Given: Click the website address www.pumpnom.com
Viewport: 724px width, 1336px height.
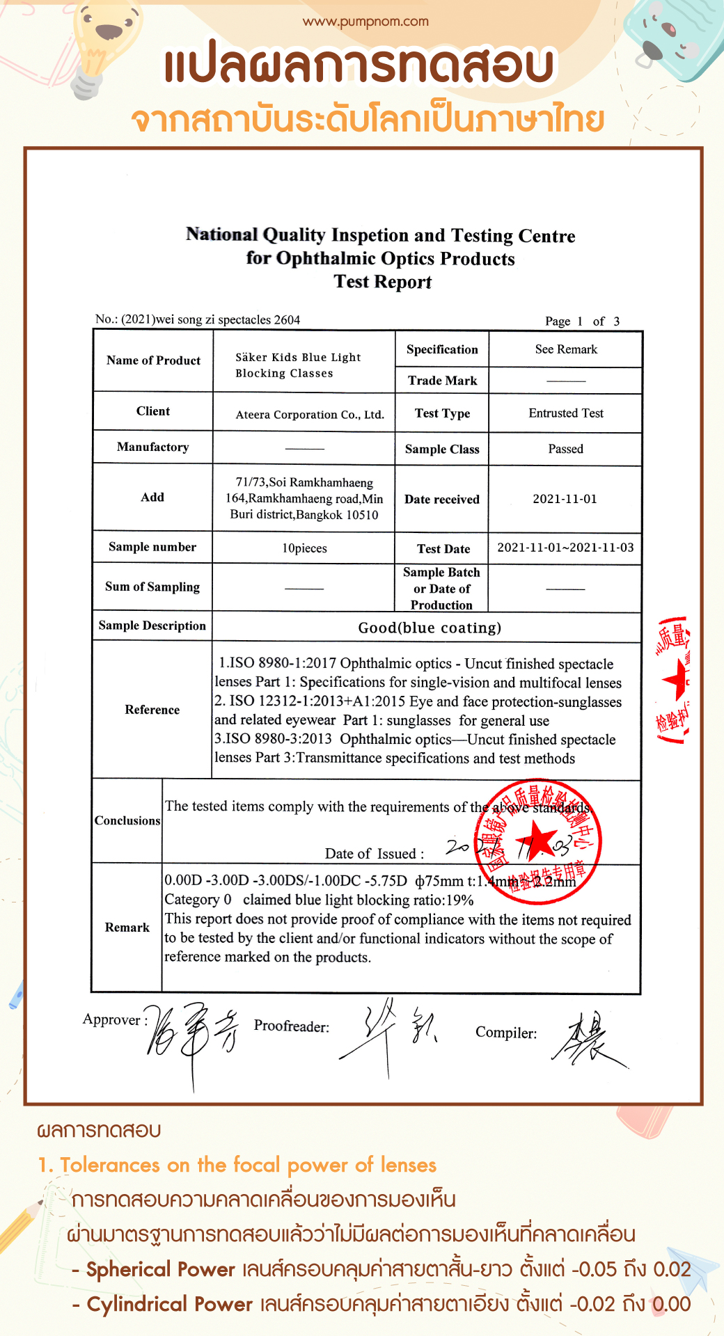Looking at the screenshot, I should tap(365, 22).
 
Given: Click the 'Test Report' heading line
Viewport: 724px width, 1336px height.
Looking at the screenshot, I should tap(382, 282).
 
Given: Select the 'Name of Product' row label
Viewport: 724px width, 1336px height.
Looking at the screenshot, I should tap(153, 360).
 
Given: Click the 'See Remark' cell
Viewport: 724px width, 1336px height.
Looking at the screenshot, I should tap(566, 349).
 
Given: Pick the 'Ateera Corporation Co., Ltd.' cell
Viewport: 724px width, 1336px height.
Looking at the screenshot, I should tap(310, 415).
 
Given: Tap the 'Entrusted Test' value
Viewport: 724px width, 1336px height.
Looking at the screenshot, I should tap(566, 413).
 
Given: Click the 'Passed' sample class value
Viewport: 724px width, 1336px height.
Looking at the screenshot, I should tap(565, 449).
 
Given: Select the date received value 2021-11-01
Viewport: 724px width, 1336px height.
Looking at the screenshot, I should tap(565, 499).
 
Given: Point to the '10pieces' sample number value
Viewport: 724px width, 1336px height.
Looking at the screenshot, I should tap(304, 548).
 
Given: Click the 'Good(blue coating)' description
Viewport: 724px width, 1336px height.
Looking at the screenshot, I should tap(430, 628).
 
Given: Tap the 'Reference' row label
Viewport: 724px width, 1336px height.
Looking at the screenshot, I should tap(152, 710).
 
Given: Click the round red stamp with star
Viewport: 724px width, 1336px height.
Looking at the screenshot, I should tap(537, 843).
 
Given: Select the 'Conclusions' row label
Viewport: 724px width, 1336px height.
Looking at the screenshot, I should tap(127, 821).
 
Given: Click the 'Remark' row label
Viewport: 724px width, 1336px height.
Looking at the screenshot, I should tap(127, 928).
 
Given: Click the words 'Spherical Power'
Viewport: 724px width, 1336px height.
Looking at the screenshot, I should tap(161, 1269).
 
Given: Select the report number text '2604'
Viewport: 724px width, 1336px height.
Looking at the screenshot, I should tap(287, 320).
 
